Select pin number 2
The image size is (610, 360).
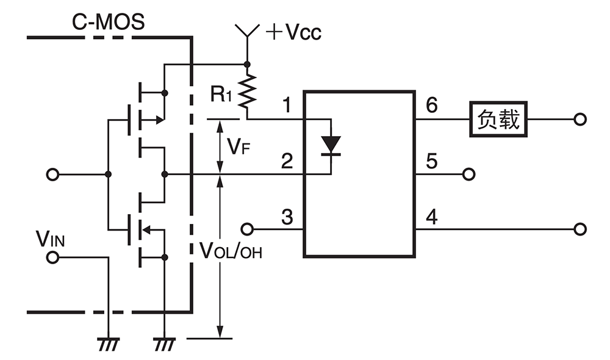287,162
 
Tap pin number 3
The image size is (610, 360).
287,217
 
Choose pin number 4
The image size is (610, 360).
431,217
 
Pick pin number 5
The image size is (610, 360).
431,162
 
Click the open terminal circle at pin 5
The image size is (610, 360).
468,175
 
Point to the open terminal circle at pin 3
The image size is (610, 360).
247,229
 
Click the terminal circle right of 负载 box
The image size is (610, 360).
580,120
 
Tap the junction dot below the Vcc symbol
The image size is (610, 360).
247,63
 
